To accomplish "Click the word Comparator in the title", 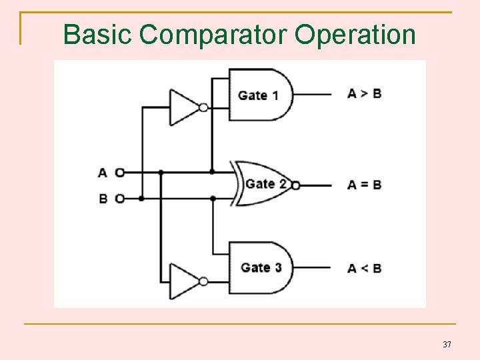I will coord(223,34).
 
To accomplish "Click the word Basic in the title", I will coord(97,34).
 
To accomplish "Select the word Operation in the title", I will coord(355,35).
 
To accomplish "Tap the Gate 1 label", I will coord(258,95).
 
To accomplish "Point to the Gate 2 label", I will coord(267,184).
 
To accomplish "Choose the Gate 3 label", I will coord(261,267).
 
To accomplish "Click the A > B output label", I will coord(364,93).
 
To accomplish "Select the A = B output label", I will coord(364,185).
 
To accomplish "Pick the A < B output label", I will coord(364,268).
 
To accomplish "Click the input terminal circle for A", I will coord(119,173).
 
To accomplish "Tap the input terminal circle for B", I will coord(119,198).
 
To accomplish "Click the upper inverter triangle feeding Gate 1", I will coord(183,107).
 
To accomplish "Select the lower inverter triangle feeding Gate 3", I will coord(183,281).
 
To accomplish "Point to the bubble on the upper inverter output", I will coord(203,107).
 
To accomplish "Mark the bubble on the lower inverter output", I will coord(203,281).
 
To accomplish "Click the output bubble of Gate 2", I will coord(296,185).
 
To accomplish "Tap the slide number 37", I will coord(447,345).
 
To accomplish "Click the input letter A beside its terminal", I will coord(103,173).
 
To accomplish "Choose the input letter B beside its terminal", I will coord(103,198).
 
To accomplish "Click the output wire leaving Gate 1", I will coord(312,94).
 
